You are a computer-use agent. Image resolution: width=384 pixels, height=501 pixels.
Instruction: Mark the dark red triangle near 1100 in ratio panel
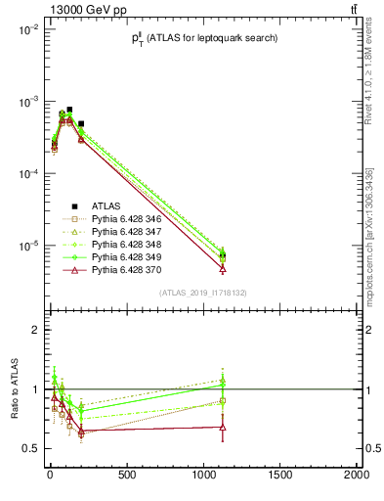click(223, 427)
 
